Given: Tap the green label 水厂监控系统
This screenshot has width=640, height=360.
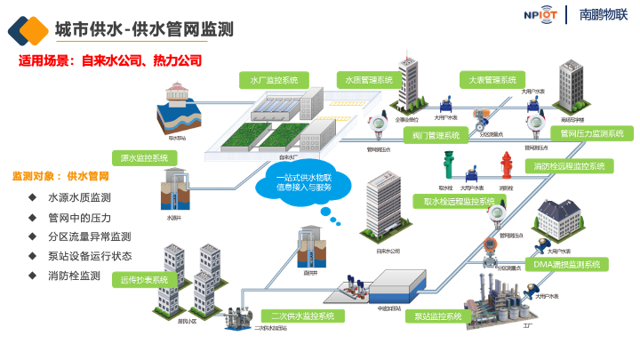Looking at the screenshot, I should pyautogui.click(x=275, y=80).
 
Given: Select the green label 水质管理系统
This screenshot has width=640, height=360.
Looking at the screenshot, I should pyautogui.click(x=370, y=80).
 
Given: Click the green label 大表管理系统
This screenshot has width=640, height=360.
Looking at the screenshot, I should pyautogui.click(x=492, y=80).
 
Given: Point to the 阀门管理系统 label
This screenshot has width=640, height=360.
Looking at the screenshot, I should pyautogui.click(x=436, y=136).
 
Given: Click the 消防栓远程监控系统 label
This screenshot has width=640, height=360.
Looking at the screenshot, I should pyautogui.click(x=569, y=166).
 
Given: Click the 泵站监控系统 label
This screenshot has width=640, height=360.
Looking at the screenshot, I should pyautogui.click(x=439, y=316).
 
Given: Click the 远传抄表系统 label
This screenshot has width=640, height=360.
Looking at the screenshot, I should pyautogui.click(x=145, y=280).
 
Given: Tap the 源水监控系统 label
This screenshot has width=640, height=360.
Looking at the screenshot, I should pyautogui.click(x=144, y=157).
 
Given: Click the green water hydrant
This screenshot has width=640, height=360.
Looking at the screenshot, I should pyautogui.click(x=450, y=166).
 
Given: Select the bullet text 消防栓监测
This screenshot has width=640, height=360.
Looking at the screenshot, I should pyautogui.click(x=74, y=276).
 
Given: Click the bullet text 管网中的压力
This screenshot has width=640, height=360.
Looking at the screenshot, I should pyautogui.click(x=79, y=217).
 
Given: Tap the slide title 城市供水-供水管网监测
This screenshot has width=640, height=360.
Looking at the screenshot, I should pyautogui.click(x=144, y=29).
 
